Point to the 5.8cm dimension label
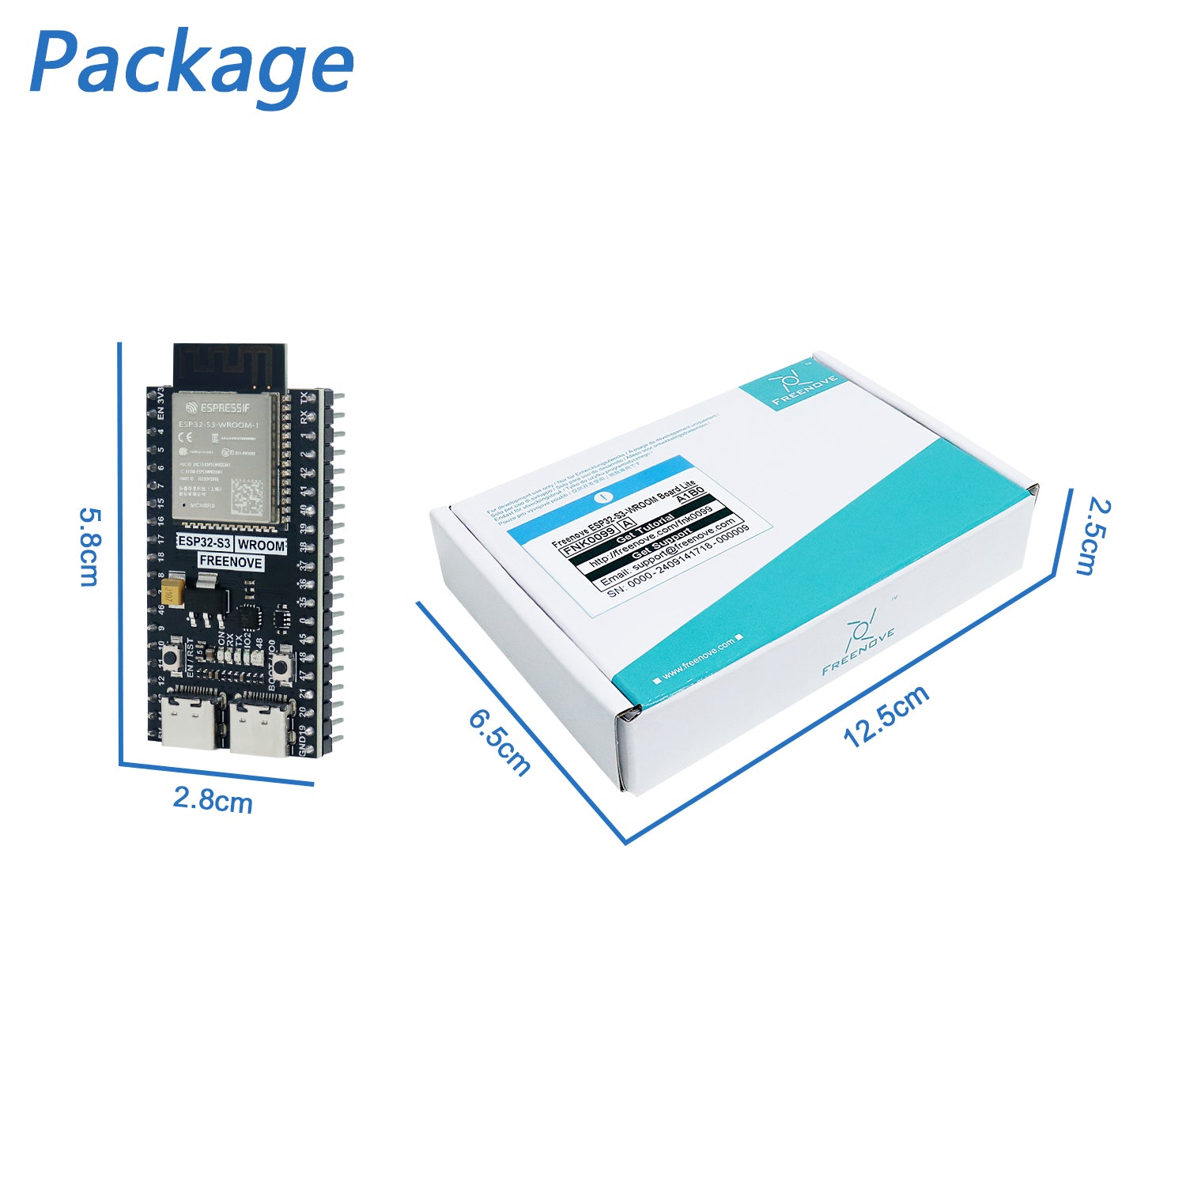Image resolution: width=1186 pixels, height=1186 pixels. click(89, 546)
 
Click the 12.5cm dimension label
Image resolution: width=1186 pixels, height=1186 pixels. click(886, 716)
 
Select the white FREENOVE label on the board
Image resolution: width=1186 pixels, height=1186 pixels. click(230, 562)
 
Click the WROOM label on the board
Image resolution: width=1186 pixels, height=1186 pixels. click(261, 546)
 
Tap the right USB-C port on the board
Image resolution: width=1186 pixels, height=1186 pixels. click(259, 726)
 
